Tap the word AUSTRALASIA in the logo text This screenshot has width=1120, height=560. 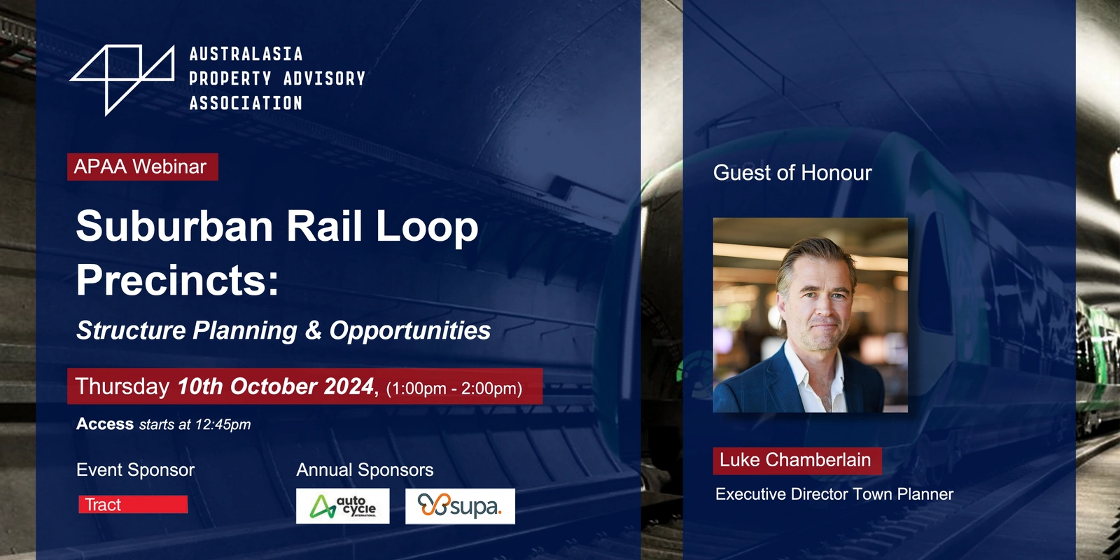[x=246, y=54]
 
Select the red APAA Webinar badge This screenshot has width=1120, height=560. [x=143, y=167]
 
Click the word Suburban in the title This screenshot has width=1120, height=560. [x=174, y=227]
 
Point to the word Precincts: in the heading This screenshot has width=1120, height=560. [x=177, y=280]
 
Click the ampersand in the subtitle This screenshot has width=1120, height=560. [x=313, y=330]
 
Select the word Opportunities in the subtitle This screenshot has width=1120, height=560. [x=410, y=330]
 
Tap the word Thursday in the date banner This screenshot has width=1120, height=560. [x=122, y=386]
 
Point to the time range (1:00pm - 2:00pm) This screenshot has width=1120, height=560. [x=454, y=388]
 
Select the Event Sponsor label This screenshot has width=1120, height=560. [x=136, y=470]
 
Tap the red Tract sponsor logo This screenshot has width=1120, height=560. [x=133, y=505]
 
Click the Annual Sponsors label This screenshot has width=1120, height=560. [x=365, y=470]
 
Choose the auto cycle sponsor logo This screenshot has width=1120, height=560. [x=342, y=506]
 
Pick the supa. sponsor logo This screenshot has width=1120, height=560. [x=460, y=506]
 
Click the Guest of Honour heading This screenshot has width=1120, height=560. [x=792, y=173]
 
